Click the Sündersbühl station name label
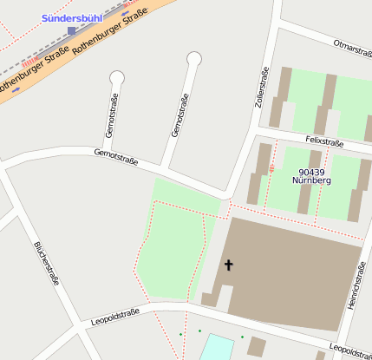point(71,17)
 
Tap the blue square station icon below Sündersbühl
point(72,31)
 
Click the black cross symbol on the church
point(229,264)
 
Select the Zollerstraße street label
point(258,87)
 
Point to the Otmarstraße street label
point(352,47)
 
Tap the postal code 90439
point(311,173)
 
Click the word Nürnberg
point(311,183)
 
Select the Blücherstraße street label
point(46,262)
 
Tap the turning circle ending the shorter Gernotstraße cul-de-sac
point(116,78)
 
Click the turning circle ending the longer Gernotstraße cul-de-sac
point(194,59)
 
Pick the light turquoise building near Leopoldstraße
point(218,347)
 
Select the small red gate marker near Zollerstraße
point(271,168)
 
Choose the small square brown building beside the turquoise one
point(256,347)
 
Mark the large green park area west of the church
point(173,247)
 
